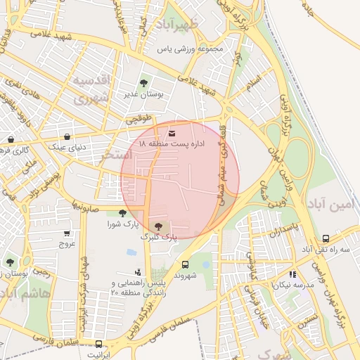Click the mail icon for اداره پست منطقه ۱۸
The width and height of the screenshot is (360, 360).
click(x=173, y=133)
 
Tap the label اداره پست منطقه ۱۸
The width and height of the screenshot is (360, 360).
click(x=173, y=144)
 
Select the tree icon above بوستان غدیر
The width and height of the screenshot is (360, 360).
click(x=144, y=83)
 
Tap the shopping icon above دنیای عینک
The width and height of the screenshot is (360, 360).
click(x=67, y=136)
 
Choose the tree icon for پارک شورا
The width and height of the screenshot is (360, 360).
click(x=123, y=212)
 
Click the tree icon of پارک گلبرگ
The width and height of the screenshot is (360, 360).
click(x=158, y=226)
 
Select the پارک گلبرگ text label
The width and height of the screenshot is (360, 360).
click(x=159, y=238)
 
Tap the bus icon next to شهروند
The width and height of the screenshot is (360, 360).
click(x=185, y=264)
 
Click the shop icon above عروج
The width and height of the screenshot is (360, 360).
click(x=67, y=233)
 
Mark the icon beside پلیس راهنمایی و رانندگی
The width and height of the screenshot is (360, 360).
click(x=138, y=271)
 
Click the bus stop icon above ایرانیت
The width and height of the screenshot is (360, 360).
click(x=98, y=344)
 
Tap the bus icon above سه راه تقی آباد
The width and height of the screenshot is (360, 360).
click(x=326, y=238)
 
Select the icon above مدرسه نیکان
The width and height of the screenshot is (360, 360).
click(x=292, y=274)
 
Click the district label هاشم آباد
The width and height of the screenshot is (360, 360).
click(x=25, y=293)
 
